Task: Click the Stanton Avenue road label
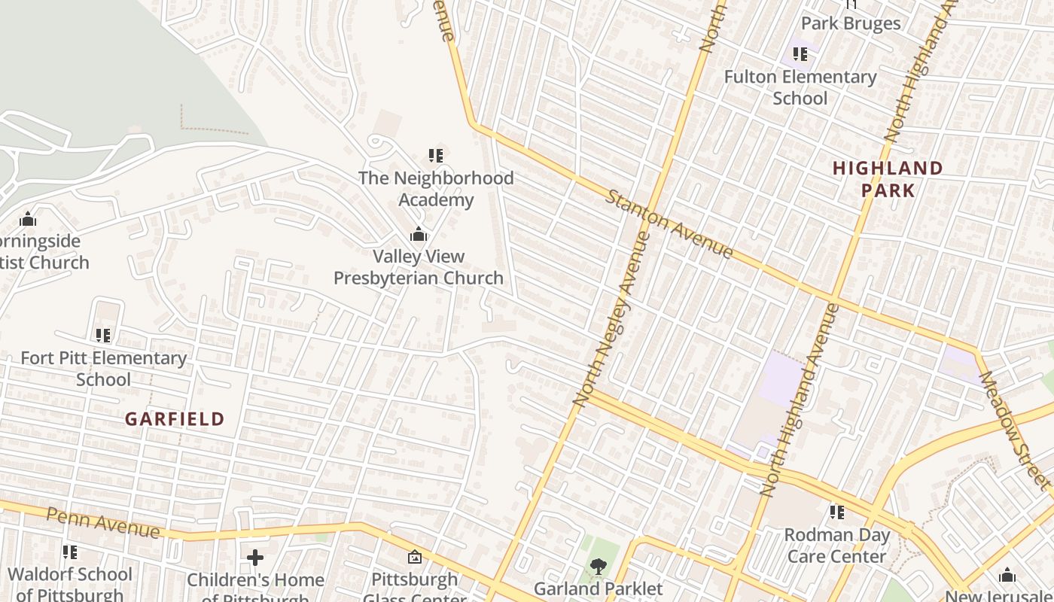[x=669, y=224]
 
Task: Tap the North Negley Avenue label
[x=611, y=319]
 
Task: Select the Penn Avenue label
[x=103, y=522]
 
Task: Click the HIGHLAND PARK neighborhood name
[x=888, y=179]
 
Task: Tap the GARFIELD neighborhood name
[x=175, y=419]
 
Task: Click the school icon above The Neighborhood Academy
[x=436, y=156]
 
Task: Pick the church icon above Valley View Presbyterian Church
[x=419, y=235]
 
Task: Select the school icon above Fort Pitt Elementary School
[x=103, y=336]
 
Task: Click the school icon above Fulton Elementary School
[x=800, y=54]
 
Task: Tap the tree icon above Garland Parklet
[x=599, y=566]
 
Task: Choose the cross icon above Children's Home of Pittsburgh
[x=255, y=558]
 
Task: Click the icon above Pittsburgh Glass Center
[x=414, y=558]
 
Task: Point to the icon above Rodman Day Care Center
[x=836, y=513]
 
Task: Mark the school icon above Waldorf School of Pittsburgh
[x=69, y=552]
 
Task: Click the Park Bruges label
[x=851, y=23]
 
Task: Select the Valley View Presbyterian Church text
[x=419, y=267]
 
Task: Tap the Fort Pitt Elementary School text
[x=104, y=369]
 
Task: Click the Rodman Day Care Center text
[x=836, y=546]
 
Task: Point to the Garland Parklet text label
[x=599, y=588]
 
